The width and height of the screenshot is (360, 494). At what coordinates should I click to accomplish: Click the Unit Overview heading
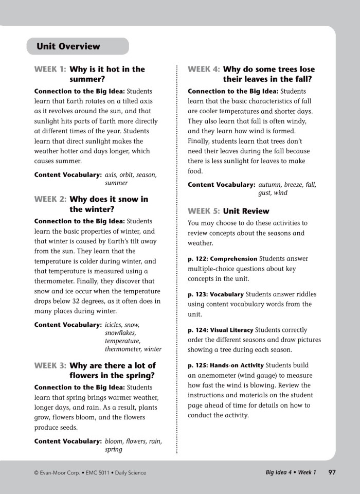pos(68,46)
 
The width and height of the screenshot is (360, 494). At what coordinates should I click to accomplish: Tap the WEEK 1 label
pos(50,69)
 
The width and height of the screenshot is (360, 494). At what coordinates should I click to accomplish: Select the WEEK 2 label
pos(50,199)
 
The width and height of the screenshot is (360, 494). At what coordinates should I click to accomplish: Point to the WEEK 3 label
pos(50,366)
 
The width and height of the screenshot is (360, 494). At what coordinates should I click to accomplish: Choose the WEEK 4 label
pos(204,69)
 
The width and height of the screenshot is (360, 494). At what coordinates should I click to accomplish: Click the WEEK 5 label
pos(204,211)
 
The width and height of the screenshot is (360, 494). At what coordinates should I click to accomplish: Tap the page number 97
pos(332,472)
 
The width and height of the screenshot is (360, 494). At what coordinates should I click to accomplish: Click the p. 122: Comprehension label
pos(222,259)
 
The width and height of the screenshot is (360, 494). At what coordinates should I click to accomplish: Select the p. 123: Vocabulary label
pos(215,295)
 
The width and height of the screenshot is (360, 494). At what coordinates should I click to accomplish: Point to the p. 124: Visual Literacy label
pos(220,330)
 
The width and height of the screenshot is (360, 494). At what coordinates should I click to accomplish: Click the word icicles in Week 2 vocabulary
pos(115,325)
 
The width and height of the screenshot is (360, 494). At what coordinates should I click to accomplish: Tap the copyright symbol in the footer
pos(36,473)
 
